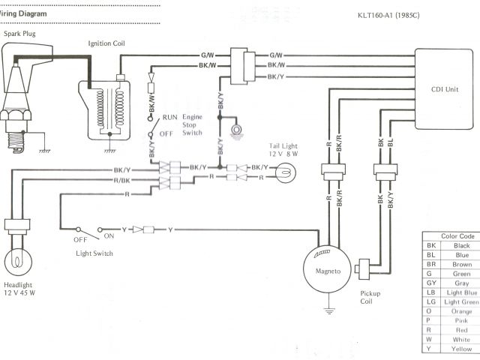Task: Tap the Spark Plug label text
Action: (x=20, y=34)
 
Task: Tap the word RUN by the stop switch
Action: (x=169, y=118)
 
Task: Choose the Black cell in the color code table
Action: (x=461, y=245)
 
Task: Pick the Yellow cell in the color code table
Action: (x=461, y=349)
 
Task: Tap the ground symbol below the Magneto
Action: (x=327, y=308)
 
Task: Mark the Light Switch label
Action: (x=94, y=253)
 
